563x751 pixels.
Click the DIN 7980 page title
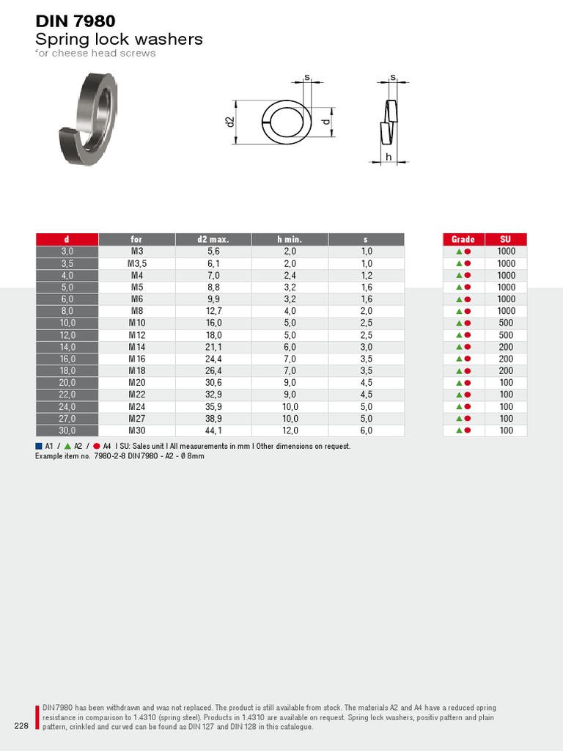[76, 21]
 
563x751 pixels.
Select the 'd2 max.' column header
[213, 239]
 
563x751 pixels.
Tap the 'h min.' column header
[290, 239]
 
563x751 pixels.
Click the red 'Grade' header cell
[463, 239]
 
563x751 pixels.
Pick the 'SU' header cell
[506, 239]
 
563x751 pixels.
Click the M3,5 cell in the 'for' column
[137, 263]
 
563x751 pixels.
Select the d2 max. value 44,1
[213, 431]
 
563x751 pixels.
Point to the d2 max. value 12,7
[213, 311]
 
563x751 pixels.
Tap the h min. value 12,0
[290, 431]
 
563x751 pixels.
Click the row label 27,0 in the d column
[67, 419]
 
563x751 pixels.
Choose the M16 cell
[137, 359]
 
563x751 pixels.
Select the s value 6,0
[367, 431]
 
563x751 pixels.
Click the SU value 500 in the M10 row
[506, 323]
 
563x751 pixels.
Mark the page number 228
[21, 726]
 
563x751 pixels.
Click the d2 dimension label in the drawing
[229, 122]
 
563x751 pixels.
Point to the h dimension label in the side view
[389, 157]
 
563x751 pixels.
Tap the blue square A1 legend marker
[39, 446]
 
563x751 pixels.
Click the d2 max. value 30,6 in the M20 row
[213, 383]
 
